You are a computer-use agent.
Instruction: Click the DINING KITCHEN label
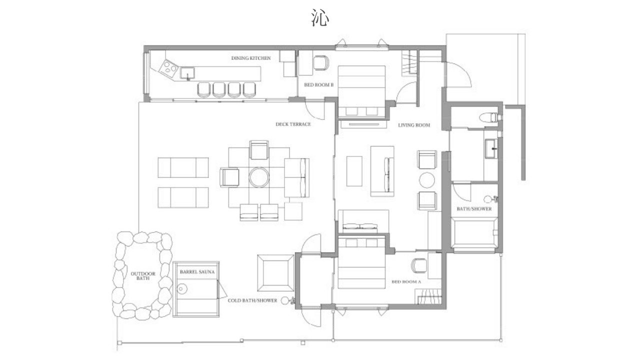pos(251,58)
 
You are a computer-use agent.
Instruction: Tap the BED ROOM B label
pos(319,85)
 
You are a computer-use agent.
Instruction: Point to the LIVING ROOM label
pos(414,125)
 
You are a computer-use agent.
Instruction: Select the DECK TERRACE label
pos(293,124)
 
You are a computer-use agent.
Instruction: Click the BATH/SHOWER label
pos(474,209)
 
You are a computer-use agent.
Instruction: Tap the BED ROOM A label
pos(406,281)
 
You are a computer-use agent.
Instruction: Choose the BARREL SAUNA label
pos(197,271)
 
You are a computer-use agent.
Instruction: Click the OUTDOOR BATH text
pos(143,275)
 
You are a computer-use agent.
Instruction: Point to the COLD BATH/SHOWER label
pos(252,300)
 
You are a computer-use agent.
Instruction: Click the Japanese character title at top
pos(320,17)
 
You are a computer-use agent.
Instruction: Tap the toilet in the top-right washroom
pos(489,117)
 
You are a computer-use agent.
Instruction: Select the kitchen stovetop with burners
pos(168,68)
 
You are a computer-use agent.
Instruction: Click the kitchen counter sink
pos(187,72)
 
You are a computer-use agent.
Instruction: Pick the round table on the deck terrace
pos(259,177)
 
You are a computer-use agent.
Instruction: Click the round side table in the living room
pos(427,180)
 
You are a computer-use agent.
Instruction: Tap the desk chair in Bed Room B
pos(321,63)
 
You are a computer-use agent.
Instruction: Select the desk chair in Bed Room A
pos(418,265)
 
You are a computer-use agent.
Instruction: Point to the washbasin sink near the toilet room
pos(491,148)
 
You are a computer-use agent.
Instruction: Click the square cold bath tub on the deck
pos(275,273)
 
